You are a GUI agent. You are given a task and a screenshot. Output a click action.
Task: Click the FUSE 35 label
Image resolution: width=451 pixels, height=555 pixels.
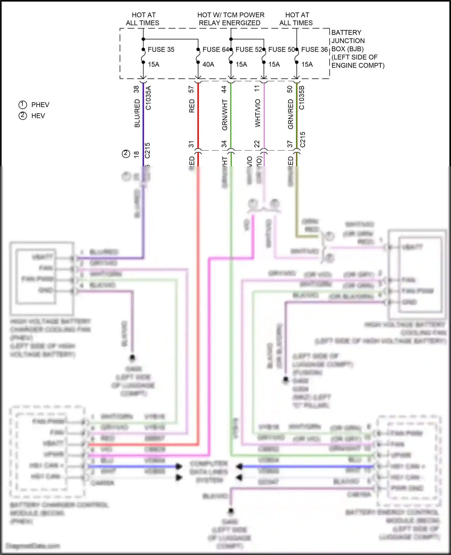(161, 50)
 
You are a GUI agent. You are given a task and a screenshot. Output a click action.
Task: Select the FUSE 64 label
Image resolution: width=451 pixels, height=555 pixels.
(216, 50)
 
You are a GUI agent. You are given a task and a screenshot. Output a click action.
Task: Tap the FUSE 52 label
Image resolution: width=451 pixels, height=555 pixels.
(249, 50)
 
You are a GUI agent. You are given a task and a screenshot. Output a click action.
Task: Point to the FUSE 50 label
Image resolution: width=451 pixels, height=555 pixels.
(281, 50)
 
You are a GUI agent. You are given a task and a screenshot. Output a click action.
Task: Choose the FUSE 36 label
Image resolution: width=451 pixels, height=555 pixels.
(314, 50)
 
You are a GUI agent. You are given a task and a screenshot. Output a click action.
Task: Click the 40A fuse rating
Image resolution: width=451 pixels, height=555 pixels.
(208, 64)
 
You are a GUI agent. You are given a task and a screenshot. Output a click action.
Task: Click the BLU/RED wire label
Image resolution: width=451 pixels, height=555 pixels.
(137, 113)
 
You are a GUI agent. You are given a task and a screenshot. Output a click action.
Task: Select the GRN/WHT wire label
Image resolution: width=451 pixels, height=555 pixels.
(225, 115)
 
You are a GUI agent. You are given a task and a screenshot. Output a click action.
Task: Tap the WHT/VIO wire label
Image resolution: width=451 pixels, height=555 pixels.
(258, 113)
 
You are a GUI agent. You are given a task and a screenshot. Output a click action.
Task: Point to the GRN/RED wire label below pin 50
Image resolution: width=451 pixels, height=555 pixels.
(290, 115)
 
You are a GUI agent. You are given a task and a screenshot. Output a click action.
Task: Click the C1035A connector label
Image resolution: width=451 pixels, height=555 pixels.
(148, 98)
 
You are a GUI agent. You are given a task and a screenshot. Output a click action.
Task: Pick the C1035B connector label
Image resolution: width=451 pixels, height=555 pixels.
(302, 98)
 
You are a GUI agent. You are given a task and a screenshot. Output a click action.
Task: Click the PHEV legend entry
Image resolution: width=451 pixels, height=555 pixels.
(40, 105)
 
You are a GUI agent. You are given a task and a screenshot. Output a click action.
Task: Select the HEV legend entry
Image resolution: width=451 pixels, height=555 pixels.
(38, 116)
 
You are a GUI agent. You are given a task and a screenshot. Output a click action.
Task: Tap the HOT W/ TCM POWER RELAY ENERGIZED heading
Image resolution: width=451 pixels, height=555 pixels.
(231, 19)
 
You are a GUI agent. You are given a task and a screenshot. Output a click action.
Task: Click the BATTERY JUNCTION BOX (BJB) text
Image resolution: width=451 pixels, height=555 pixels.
(348, 41)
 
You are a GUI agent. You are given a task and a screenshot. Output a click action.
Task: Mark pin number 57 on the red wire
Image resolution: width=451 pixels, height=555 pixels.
(191, 89)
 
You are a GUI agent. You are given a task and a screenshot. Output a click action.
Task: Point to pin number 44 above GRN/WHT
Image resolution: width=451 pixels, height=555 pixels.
(224, 89)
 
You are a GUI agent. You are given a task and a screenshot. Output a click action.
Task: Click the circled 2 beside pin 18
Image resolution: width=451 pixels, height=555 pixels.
(126, 154)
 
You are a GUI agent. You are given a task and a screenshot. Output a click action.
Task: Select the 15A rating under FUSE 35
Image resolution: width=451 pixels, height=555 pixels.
(154, 64)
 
